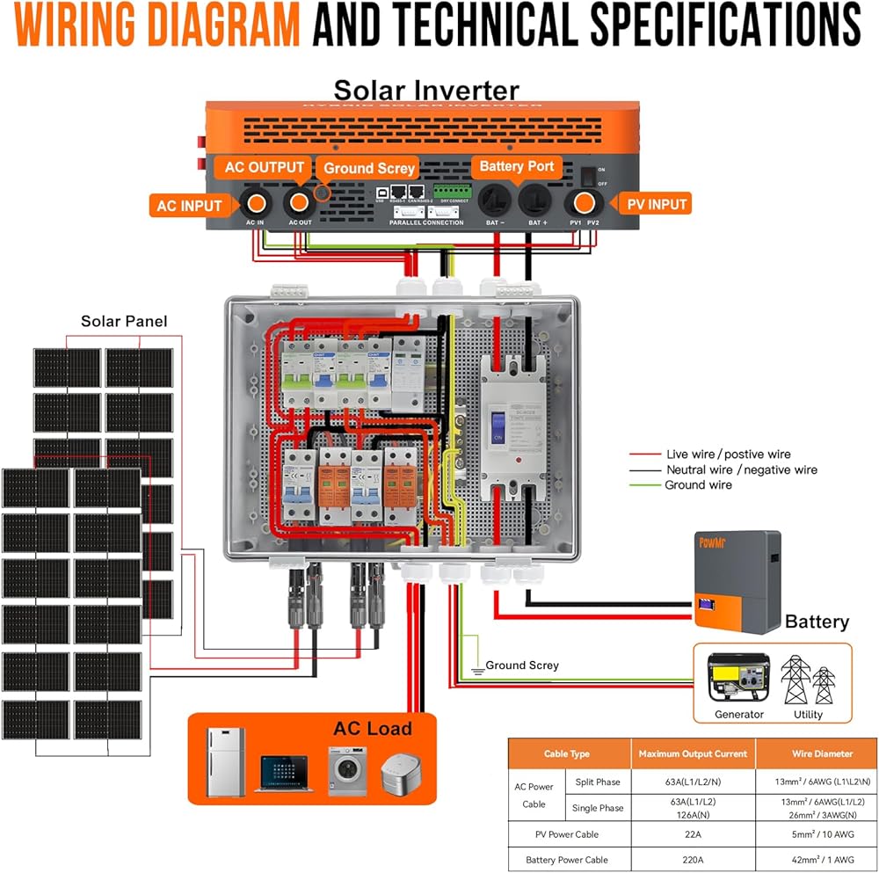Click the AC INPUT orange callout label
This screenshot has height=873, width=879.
pos(190,207)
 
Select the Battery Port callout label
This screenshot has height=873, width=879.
pos(516,166)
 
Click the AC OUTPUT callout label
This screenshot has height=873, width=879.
pos(265,167)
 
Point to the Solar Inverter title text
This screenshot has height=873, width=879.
pos(426,91)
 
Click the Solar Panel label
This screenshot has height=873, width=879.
pos(124,322)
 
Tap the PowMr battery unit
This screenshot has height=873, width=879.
pos(737,580)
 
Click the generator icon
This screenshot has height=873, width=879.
pos(739,678)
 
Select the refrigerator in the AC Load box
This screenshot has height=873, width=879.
pos(226,762)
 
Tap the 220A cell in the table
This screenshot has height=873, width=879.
pos(693,860)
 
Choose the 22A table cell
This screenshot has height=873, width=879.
pos(693,833)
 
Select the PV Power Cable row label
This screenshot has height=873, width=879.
pos(567,833)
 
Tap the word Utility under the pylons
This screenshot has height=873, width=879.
pos(808,714)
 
